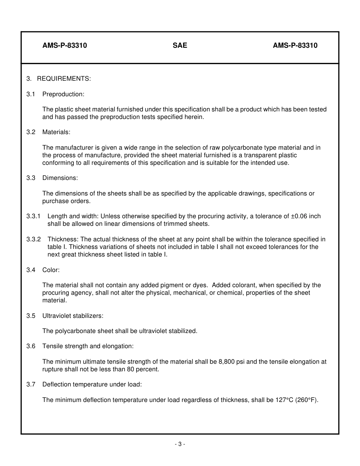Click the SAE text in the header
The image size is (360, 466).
pyautogui.click(x=180, y=45)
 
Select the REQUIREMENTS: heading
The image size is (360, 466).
pyautogui.click(x=64, y=79)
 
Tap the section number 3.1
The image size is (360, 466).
pyautogui.click(x=31, y=94)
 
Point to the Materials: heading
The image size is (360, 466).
pyautogui.click(x=56, y=132)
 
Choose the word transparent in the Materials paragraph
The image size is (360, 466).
pyautogui.click(x=255, y=155)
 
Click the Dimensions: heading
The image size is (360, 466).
pyautogui.click(x=60, y=178)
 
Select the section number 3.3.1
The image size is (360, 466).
pyautogui.click(x=33, y=216)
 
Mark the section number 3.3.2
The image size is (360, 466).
pyautogui.click(x=33, y=239)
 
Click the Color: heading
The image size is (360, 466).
pyautogui.click(x=51, y=270)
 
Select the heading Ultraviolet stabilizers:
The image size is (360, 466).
pyautogui.click(x=73, y=316)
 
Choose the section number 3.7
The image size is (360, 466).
pyautogui.click(x=31, y=385)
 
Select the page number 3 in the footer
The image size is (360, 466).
pyautogui.click(x=180, y=444)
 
